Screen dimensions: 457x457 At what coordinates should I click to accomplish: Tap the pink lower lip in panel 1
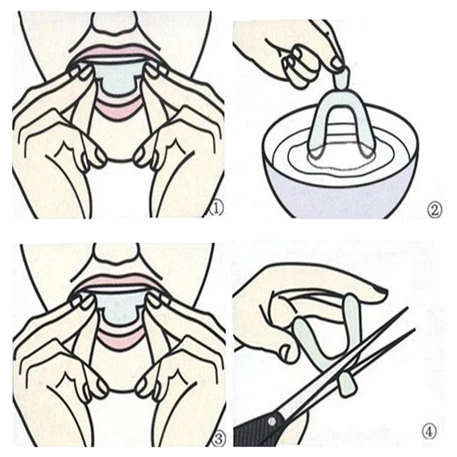pyautogui.click(x=118, y=108)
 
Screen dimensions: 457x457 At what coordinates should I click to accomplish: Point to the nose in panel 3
pyautogui.click(x=117, y=251)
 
